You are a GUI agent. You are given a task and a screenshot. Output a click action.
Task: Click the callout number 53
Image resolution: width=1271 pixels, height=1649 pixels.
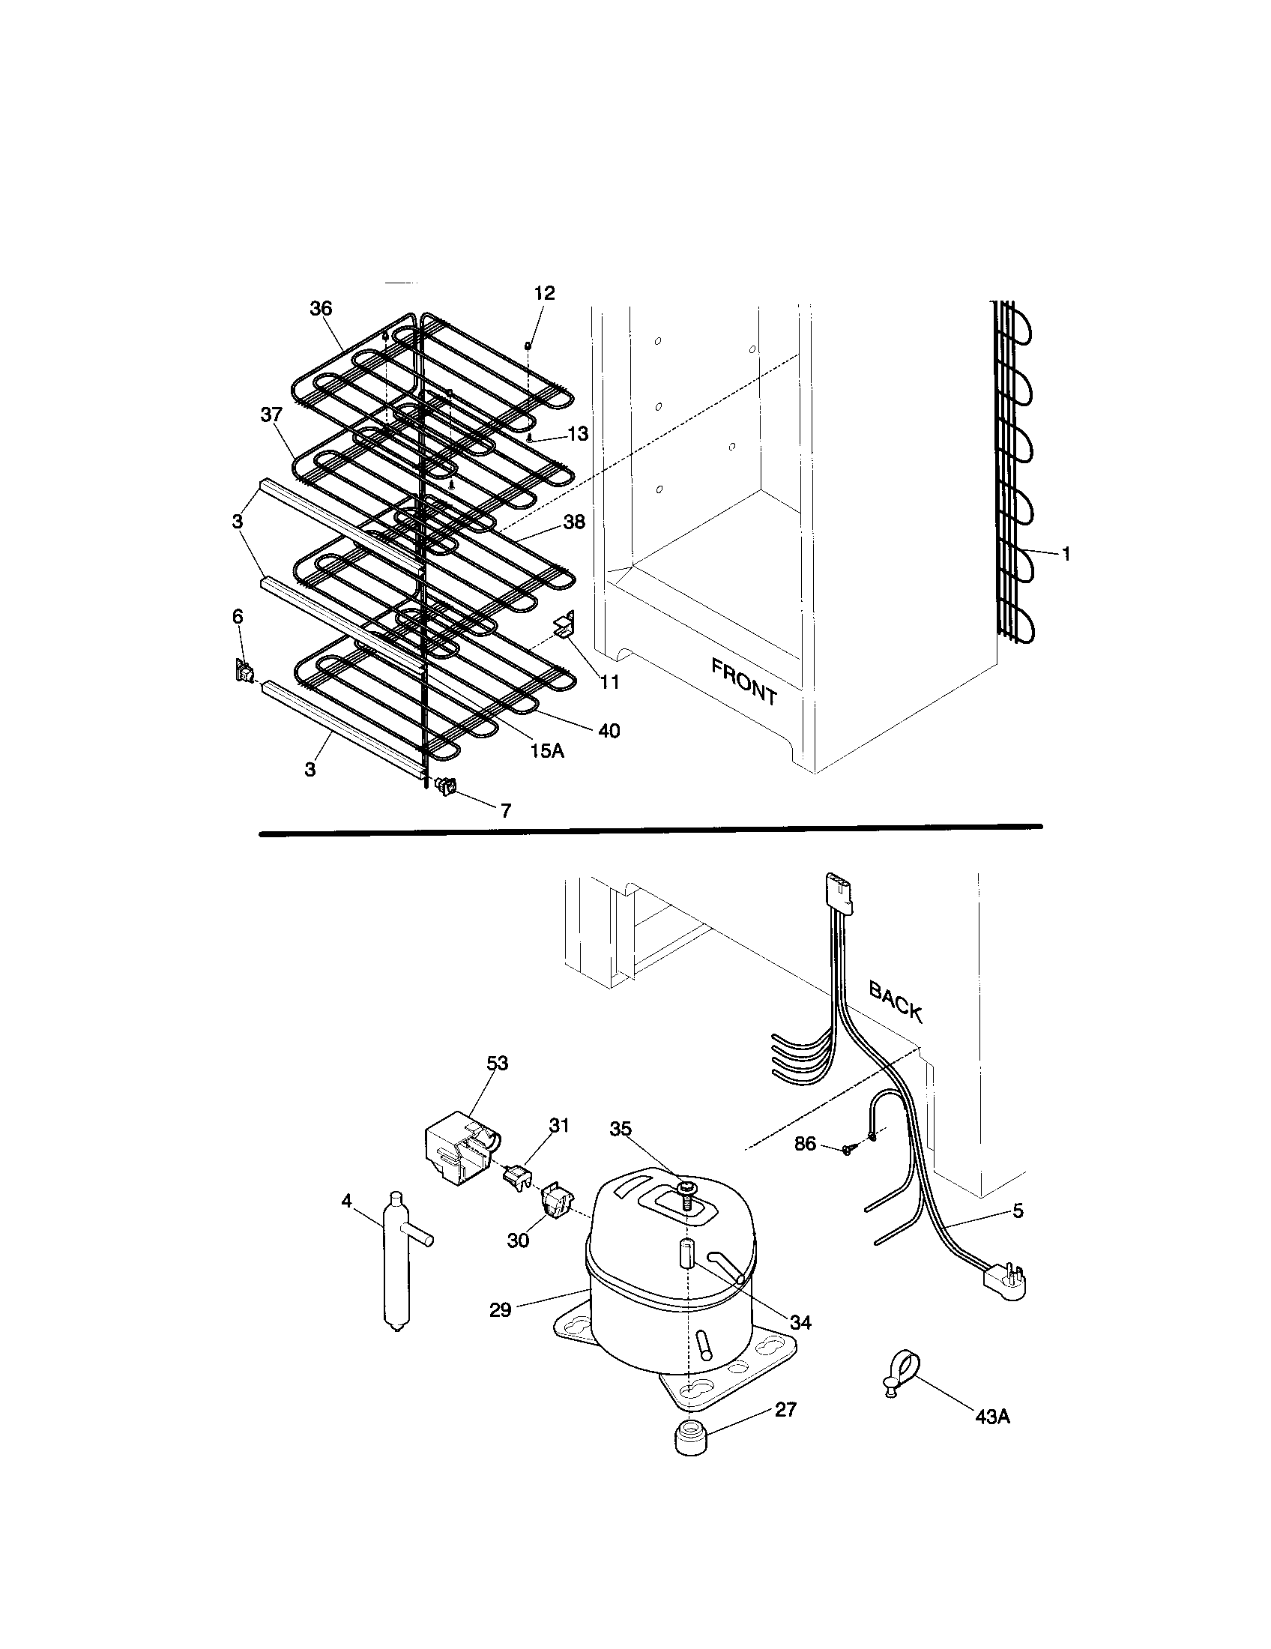coord(497,1063)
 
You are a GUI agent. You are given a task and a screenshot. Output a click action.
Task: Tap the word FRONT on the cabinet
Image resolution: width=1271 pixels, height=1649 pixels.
coord(743,681)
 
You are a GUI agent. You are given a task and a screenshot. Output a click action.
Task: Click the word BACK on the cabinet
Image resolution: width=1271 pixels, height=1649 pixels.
coord(896,1002)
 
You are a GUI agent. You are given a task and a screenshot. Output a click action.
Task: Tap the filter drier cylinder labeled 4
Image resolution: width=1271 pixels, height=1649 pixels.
coord(398,1259)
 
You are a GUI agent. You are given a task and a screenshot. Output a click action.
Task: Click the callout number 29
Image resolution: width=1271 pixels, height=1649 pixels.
coord(500,1310)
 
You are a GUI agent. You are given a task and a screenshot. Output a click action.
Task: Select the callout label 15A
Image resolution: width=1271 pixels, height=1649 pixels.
coord(546,752)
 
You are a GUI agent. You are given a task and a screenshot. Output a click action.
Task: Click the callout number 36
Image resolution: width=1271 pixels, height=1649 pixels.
coord(321,308)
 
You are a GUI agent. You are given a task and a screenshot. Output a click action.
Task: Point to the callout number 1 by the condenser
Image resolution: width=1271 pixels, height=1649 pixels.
coord(1066,554)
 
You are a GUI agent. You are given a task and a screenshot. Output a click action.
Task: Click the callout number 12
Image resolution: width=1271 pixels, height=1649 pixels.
coord(544,293)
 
